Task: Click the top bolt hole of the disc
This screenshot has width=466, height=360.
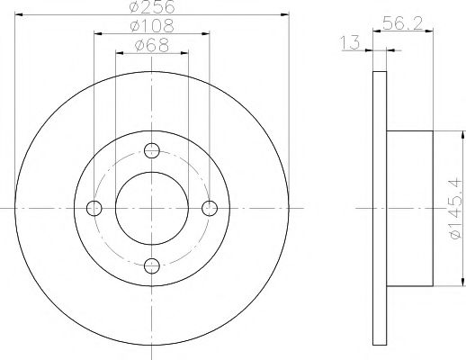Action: point(152,149)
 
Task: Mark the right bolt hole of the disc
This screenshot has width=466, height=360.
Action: point(210,208)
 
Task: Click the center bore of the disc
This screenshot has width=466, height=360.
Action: point(152,208)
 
